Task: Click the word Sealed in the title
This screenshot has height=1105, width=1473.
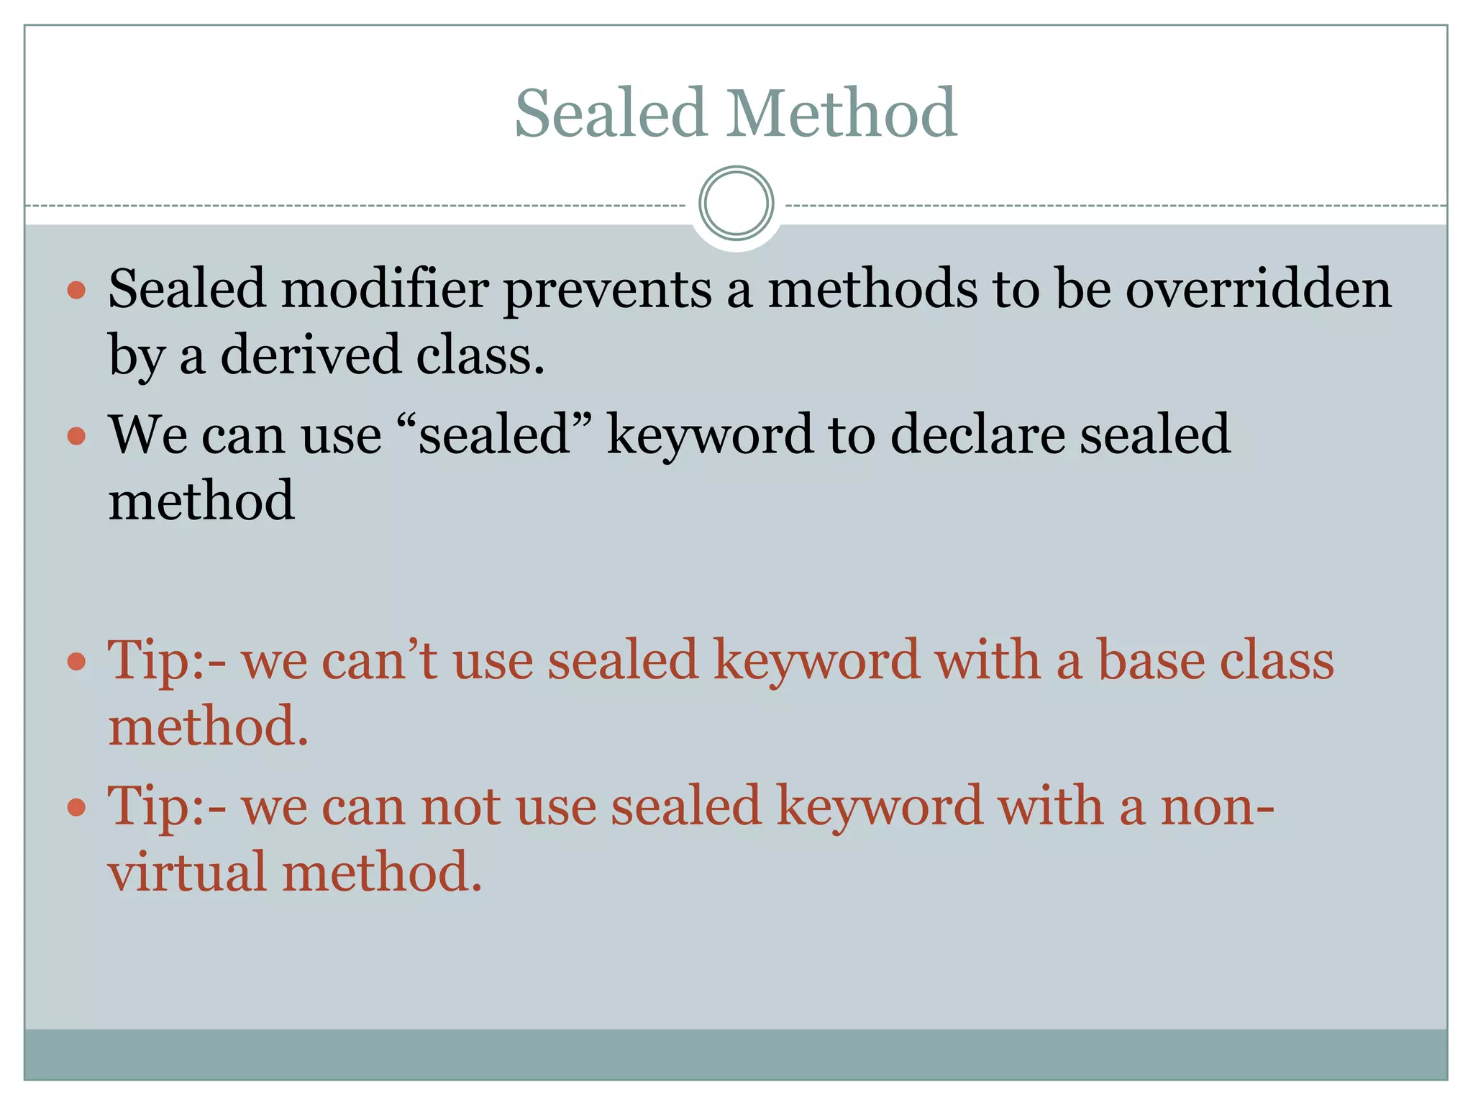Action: [x=610, y=113]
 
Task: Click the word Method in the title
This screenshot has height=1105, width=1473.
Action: [x=841, y=113]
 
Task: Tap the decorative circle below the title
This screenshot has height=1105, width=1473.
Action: [x=736, y=204]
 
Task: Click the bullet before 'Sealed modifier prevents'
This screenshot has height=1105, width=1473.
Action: [x=76, y=291]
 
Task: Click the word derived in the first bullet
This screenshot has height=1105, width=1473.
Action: [x=310, y=355]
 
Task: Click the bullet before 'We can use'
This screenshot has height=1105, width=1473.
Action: [x=76, y=436]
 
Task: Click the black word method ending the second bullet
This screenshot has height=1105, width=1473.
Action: [x=201, y=501]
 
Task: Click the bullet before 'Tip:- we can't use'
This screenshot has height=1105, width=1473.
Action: [x=76, y=661]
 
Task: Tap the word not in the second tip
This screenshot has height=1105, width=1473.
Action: [x=460, y=806]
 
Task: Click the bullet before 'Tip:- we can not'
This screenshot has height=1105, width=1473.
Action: [x=76, y=808]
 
